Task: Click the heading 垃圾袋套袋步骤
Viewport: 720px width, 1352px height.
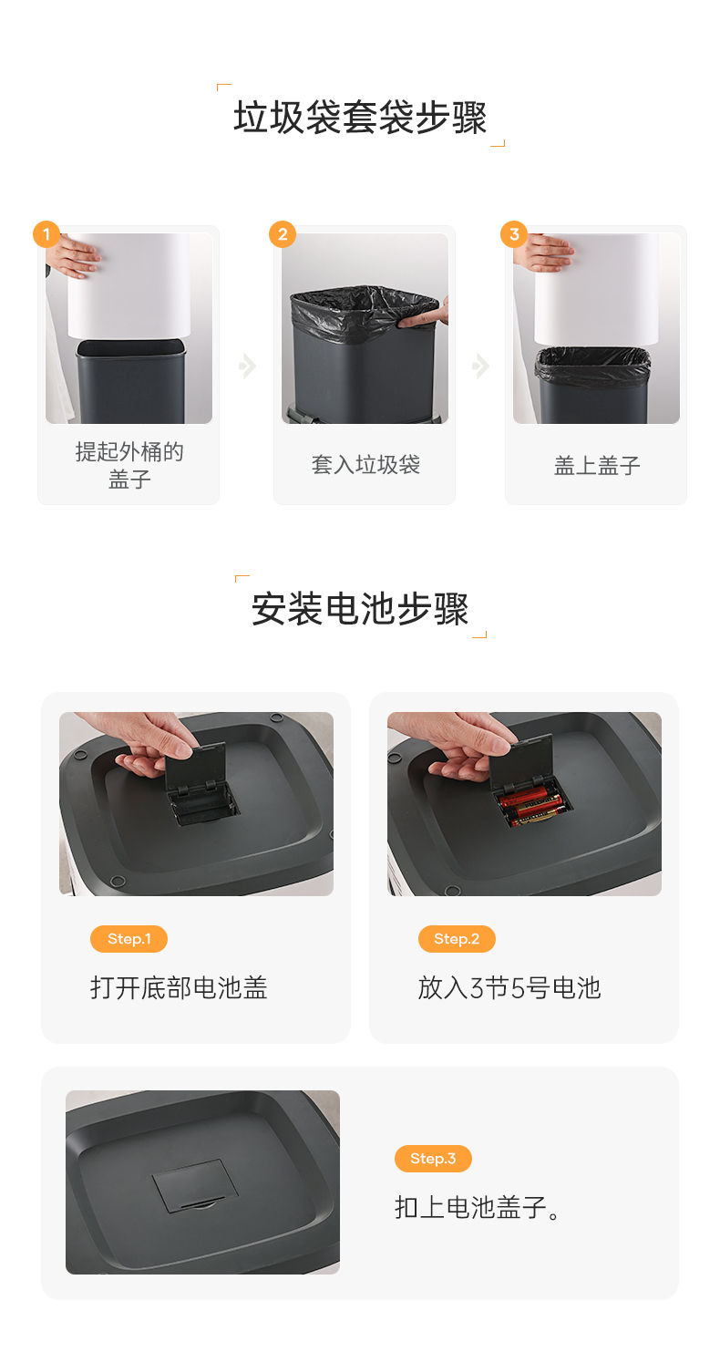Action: [x=360, y=117]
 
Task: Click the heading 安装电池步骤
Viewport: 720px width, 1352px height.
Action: [x=360, y=608]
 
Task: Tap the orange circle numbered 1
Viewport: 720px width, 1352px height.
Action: [x=46, y=234]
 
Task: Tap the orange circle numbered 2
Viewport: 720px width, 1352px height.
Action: [x=283, y=234]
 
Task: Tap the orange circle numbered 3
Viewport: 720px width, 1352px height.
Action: [x=514, y=234]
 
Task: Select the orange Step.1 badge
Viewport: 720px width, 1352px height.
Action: [x=129, y=938]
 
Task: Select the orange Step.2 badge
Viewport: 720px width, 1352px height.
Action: [x=457, y=938]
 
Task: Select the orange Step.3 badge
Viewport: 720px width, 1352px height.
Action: [x=433, y=1158]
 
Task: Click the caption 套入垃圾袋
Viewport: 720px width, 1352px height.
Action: [x=365, y=465]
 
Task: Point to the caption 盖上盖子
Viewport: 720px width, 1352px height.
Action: [x=597, y=465]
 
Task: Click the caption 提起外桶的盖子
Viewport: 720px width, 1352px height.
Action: [x=129, y=465]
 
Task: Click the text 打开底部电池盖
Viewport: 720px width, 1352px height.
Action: [x=179, y=988]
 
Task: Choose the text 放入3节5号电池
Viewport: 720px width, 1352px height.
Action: [x=509, y=988]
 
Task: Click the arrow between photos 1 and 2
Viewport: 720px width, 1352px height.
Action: [x=248, y=366]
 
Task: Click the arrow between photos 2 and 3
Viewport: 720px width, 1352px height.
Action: [x=480, y=366]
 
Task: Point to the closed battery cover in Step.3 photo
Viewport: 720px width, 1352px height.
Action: [x=194, y=1184]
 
